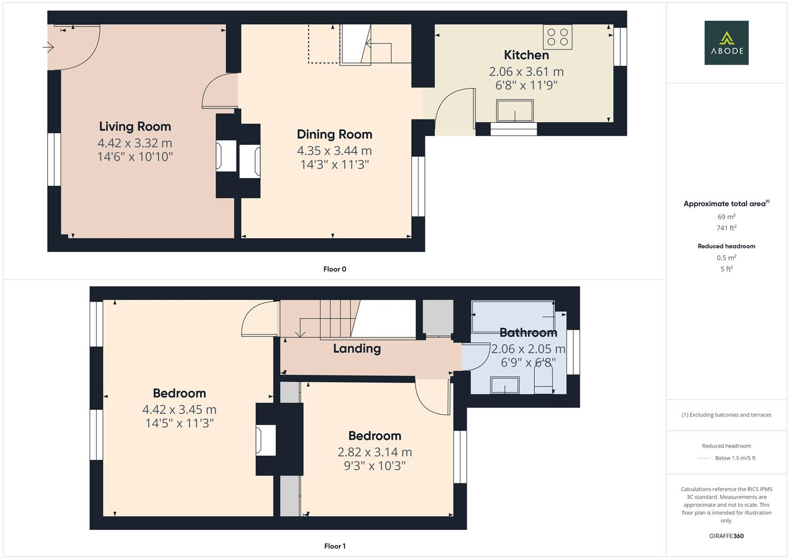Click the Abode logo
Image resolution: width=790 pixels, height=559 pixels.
[x=726, y=42]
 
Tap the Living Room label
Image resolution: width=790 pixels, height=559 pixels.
[x=135, y=126]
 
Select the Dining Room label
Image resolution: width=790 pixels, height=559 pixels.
[x=334, y=134]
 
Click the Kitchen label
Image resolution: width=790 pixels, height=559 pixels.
[x=526, y=55]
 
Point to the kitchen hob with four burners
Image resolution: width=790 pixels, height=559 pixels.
[x=557, y=37]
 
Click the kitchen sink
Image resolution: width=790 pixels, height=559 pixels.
[x=514, y=111]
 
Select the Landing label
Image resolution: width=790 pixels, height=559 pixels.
[x=356, y=348]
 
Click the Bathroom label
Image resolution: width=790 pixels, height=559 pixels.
[x=528, y=332]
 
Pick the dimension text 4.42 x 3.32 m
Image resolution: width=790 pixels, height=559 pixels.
[x=135, y=143]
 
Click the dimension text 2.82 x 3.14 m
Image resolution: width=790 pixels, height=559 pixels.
[x=375, y=452]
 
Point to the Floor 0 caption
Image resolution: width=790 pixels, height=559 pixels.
[x=335, y=269]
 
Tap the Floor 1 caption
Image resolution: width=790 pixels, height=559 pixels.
[x=335, y=546]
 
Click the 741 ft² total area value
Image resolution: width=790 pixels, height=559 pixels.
[x=726, y=228]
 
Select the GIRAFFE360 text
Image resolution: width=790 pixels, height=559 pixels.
[x=726, y=536]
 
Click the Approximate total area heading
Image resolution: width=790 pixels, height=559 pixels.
[x=726, y=203]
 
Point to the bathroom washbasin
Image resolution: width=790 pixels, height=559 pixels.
[x=504, y=385]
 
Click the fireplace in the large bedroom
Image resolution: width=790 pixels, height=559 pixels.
[x=266, y=440]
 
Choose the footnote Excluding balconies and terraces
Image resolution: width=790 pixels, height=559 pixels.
[x=726, y=415]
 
